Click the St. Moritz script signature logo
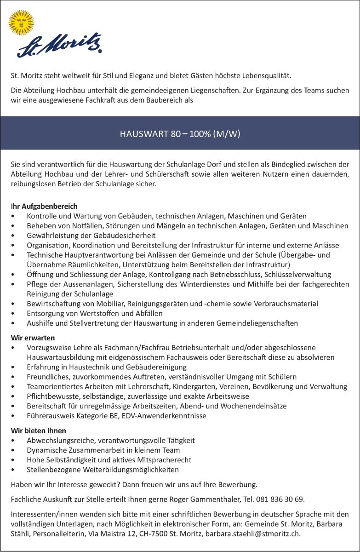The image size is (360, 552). tap(59, 46)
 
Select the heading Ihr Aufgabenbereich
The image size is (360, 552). tap(44, 206)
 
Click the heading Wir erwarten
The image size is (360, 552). tap(33, 338)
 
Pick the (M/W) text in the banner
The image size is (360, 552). tap(227, 134)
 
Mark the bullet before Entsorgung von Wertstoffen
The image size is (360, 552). tap(17, 313)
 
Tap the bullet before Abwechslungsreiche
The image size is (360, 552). tap(17, 440)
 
